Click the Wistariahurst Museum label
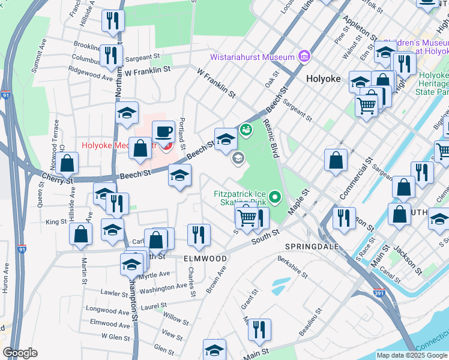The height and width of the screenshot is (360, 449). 252,58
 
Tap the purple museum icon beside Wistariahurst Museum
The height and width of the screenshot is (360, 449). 304,56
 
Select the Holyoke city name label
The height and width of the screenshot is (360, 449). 323,79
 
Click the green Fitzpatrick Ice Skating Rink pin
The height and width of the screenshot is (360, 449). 275,196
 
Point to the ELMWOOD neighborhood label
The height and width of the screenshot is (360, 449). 205,259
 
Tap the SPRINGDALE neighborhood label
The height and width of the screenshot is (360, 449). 312,247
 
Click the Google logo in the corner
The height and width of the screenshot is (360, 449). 20,353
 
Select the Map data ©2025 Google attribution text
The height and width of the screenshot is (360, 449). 411,355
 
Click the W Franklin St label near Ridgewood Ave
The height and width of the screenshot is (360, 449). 148,70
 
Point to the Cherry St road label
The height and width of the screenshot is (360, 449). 57,178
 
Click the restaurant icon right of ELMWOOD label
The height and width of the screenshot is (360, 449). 199,235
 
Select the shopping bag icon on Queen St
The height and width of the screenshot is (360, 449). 68,163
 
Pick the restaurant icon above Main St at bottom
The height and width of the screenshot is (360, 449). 259,329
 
